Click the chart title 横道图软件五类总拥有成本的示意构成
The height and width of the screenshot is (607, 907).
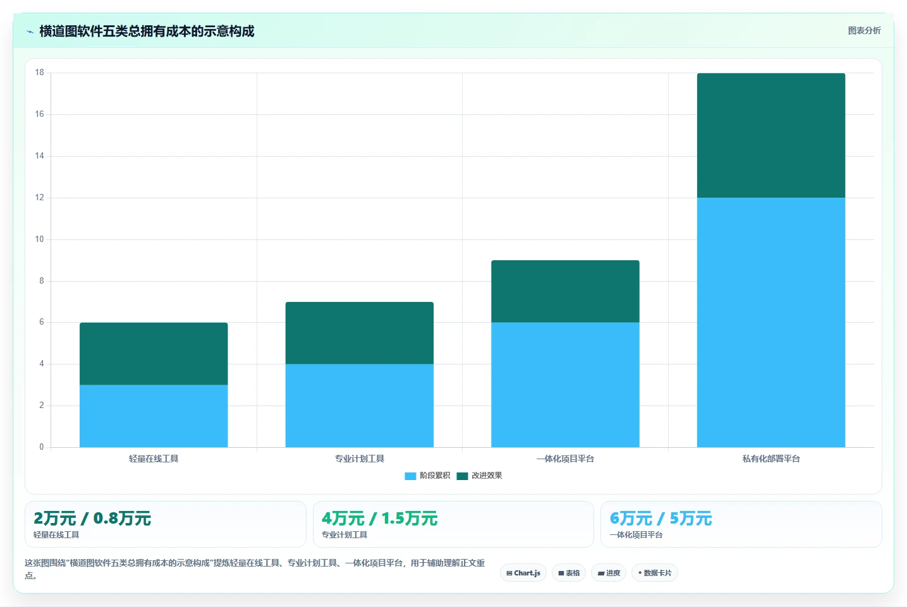(147, 31)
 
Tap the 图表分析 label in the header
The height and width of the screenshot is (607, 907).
(864, 31)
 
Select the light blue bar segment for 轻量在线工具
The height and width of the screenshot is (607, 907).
(154, 416)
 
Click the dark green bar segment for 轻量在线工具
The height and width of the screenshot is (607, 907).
(154, 354)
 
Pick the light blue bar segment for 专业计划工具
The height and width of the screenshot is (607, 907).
(360, 406)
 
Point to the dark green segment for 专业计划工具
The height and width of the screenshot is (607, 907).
(360, 333)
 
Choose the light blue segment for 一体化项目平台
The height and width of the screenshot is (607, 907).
(565, 385)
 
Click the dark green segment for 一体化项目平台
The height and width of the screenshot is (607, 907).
(565, 291)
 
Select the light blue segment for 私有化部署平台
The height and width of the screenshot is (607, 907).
(771, 323)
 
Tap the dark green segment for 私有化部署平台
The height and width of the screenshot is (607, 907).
(771, 136)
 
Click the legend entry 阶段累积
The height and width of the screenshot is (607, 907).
(427, 476)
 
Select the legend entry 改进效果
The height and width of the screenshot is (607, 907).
(479, 476)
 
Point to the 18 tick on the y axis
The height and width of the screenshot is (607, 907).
(39, 73)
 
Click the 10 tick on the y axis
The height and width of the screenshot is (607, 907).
(39, 239)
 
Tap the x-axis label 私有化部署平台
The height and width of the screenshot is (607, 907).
(771, 459)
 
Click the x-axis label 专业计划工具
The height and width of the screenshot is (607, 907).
(360, 459)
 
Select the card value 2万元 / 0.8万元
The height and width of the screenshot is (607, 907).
(92, 519)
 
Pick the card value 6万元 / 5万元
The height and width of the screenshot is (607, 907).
(660, 519)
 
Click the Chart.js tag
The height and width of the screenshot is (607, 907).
(523, 573)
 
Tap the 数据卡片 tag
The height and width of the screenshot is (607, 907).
(654, 573)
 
